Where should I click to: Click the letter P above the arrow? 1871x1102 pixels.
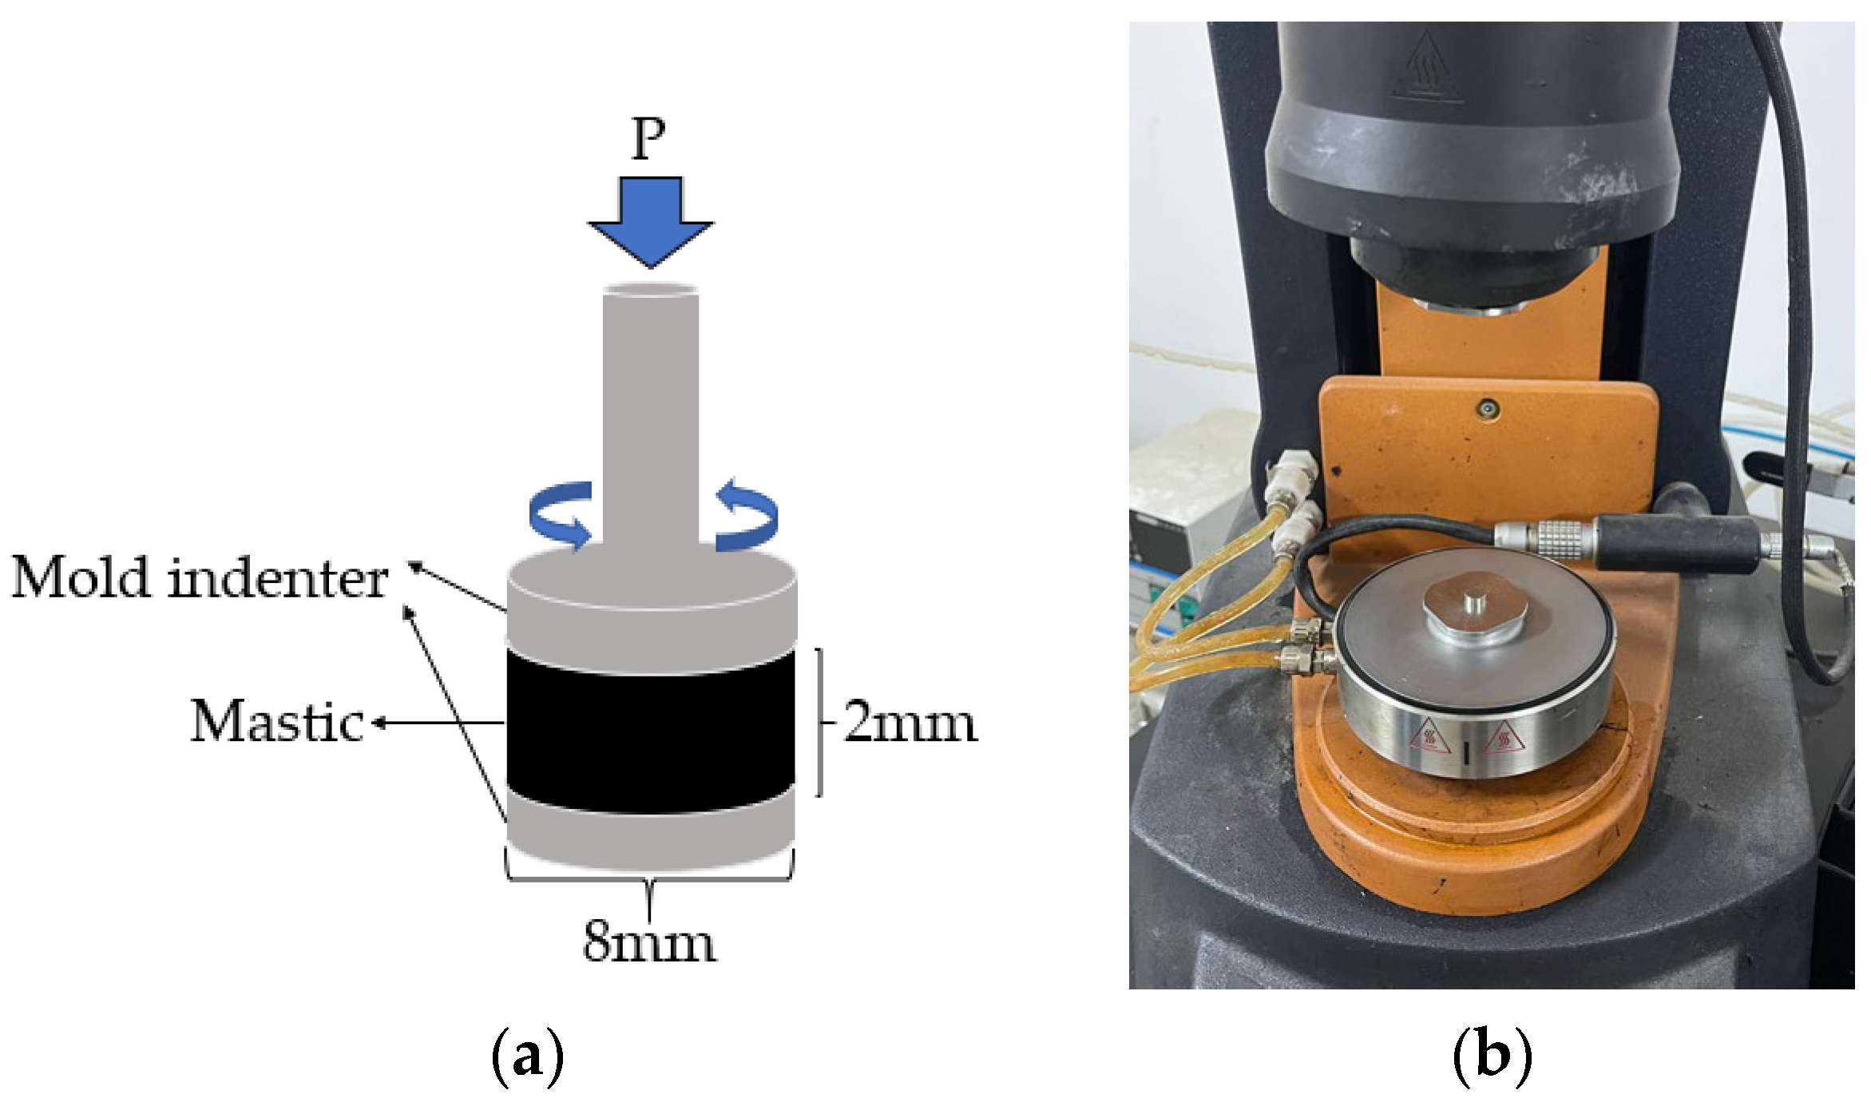click(648, 140)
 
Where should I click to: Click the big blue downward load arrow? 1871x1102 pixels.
click(650, 220)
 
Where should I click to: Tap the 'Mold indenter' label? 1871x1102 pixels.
click(200, 578)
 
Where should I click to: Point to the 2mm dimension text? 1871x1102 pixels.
click(910, 723)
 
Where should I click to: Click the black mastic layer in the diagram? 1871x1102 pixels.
click(650, 731)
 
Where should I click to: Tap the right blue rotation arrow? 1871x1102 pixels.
click(746, 515)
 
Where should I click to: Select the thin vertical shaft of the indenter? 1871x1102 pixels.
click(650, 415)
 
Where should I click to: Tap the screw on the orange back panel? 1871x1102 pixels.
click(1487, 409)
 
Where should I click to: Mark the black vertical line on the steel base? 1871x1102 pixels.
click(1467, 753)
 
